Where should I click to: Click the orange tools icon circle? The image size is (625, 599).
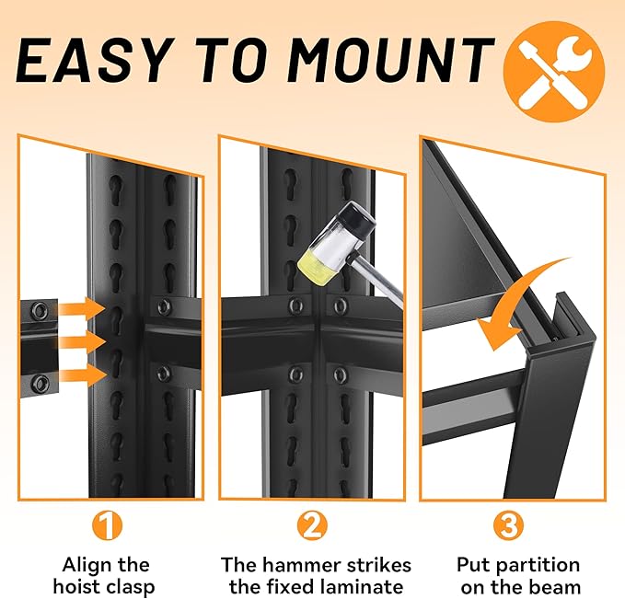pos(554,72)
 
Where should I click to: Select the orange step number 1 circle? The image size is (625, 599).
pos(107,524)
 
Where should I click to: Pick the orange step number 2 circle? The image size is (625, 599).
pos(312,524)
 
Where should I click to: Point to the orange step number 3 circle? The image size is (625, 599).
pos(509,524)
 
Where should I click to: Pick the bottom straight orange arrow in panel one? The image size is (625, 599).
pos(83,375)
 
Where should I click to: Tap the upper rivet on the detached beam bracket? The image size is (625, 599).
pos(40,309)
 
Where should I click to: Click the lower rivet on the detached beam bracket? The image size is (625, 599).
pos(40,383)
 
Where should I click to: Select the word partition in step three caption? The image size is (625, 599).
pos(540,566)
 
